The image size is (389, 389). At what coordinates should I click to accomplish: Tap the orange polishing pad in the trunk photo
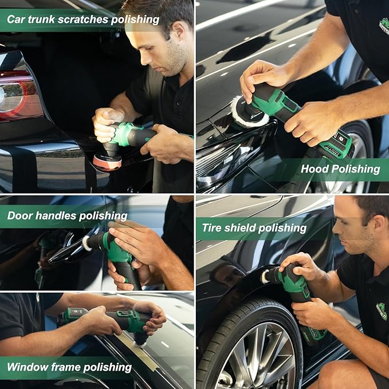(x=107, y=161)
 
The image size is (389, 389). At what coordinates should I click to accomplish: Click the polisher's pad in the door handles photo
(x=88, y=243)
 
